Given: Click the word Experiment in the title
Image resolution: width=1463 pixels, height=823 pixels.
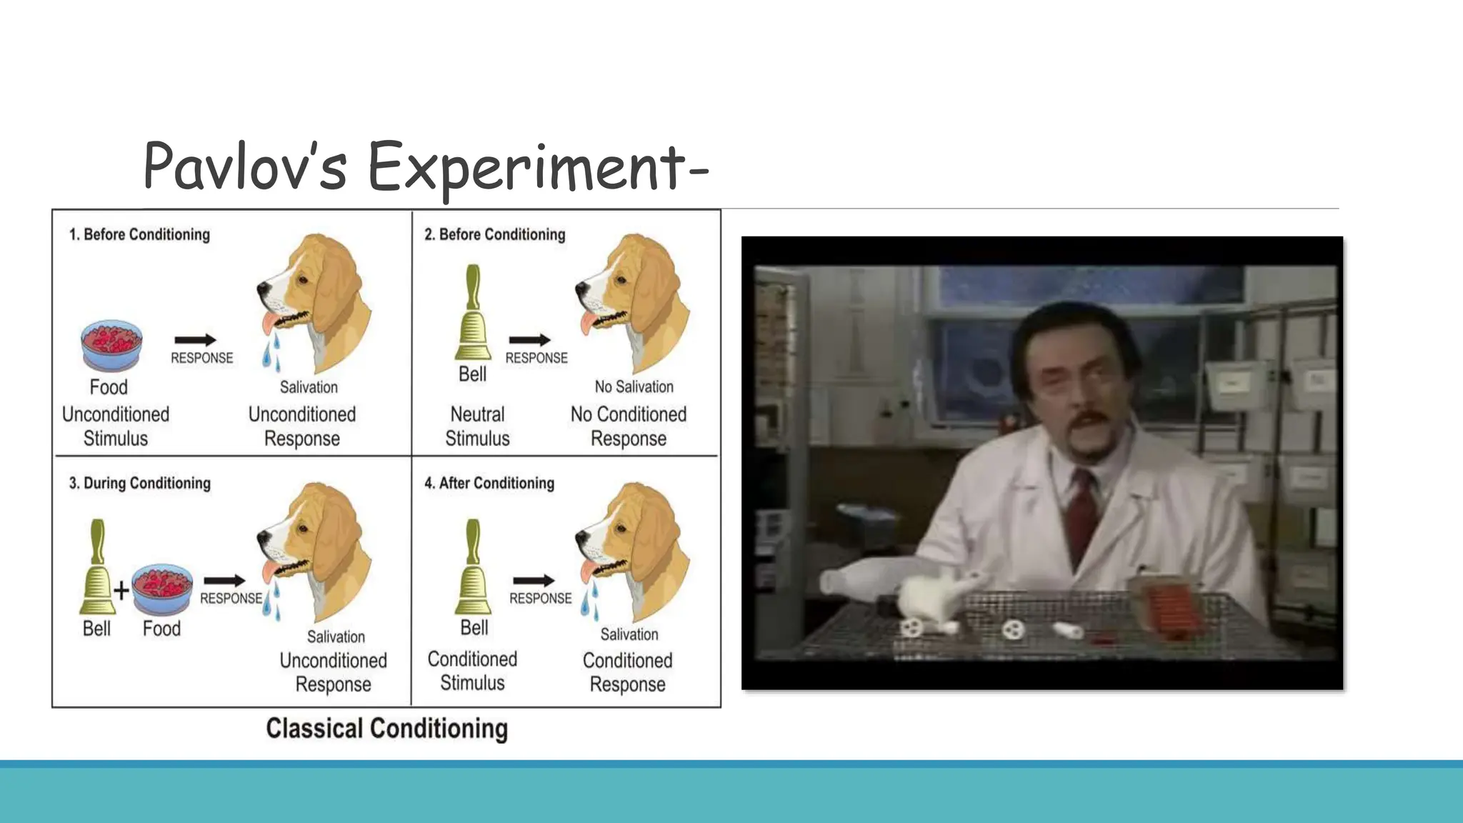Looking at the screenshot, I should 526,169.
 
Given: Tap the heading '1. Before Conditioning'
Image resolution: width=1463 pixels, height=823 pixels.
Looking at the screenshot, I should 139,234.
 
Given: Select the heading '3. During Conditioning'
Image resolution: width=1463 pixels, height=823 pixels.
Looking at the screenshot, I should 140,483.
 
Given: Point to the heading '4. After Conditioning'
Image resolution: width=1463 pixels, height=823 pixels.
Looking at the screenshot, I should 489,483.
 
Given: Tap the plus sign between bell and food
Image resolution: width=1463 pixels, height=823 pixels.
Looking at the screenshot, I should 121,590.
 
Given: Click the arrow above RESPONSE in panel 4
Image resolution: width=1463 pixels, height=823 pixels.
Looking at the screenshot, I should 534,580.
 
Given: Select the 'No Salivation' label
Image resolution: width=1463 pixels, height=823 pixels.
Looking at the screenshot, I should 634,386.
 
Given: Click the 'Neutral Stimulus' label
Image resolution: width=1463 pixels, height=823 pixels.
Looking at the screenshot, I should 477,427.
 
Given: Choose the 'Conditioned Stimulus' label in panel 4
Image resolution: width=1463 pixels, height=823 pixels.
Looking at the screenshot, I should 472,671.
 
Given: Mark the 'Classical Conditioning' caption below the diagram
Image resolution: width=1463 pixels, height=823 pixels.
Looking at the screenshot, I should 386,729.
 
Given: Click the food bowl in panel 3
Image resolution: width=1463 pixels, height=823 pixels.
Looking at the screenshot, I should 162,589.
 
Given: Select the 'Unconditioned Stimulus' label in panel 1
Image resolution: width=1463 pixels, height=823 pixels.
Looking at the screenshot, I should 116,427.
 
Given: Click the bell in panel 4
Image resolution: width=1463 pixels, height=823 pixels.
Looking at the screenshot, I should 473,567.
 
